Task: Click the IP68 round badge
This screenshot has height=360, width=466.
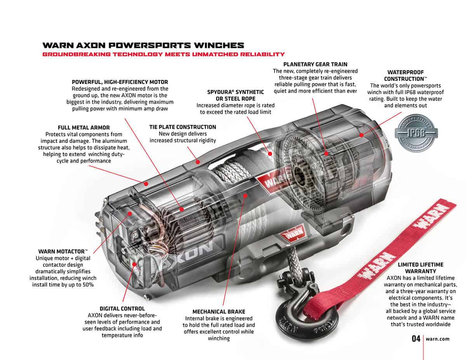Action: pyautogui.click(x=416, y=133)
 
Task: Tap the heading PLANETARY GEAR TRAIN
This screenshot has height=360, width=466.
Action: pyautogui.click(x=315, y=64)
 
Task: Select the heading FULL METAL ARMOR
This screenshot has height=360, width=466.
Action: pyautogui.click(x=83, y=128)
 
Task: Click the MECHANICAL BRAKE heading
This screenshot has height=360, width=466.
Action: pyautogui.click(x=219, y=312)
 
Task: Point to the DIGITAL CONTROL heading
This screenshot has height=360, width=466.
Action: pyautogui.click(x=122, y=309)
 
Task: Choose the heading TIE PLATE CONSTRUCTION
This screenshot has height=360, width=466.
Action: pyautogui.click(x=183, y=127)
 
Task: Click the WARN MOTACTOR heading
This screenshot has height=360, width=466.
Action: pyautogui.click(x=63, y=251)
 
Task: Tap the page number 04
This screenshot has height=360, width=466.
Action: pyautogui.click(x=416, y=339)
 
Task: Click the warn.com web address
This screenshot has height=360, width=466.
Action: pyautogui.click(x=438, y=339)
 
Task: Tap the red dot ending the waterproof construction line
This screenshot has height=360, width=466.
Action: pyautogui.click(x=362, y=135)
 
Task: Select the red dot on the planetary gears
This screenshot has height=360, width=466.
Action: pyautogui.click(x=326, y=153)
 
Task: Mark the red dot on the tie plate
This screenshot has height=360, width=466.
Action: pyautogui.click(x=198, y=162)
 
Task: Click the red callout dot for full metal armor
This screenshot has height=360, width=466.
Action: pyautogui.click(x=146, y=184)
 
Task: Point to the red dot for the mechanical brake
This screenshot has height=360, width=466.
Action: pyautogui.click(x=245, y=196)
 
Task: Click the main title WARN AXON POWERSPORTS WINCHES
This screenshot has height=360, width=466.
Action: pyautogui.click(x=143, y=45)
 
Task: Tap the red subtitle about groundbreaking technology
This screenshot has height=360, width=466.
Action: pyautogui.click(x=163, y=54)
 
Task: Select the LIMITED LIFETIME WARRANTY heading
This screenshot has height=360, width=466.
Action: pyautogui.click(x=421, y=268)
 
